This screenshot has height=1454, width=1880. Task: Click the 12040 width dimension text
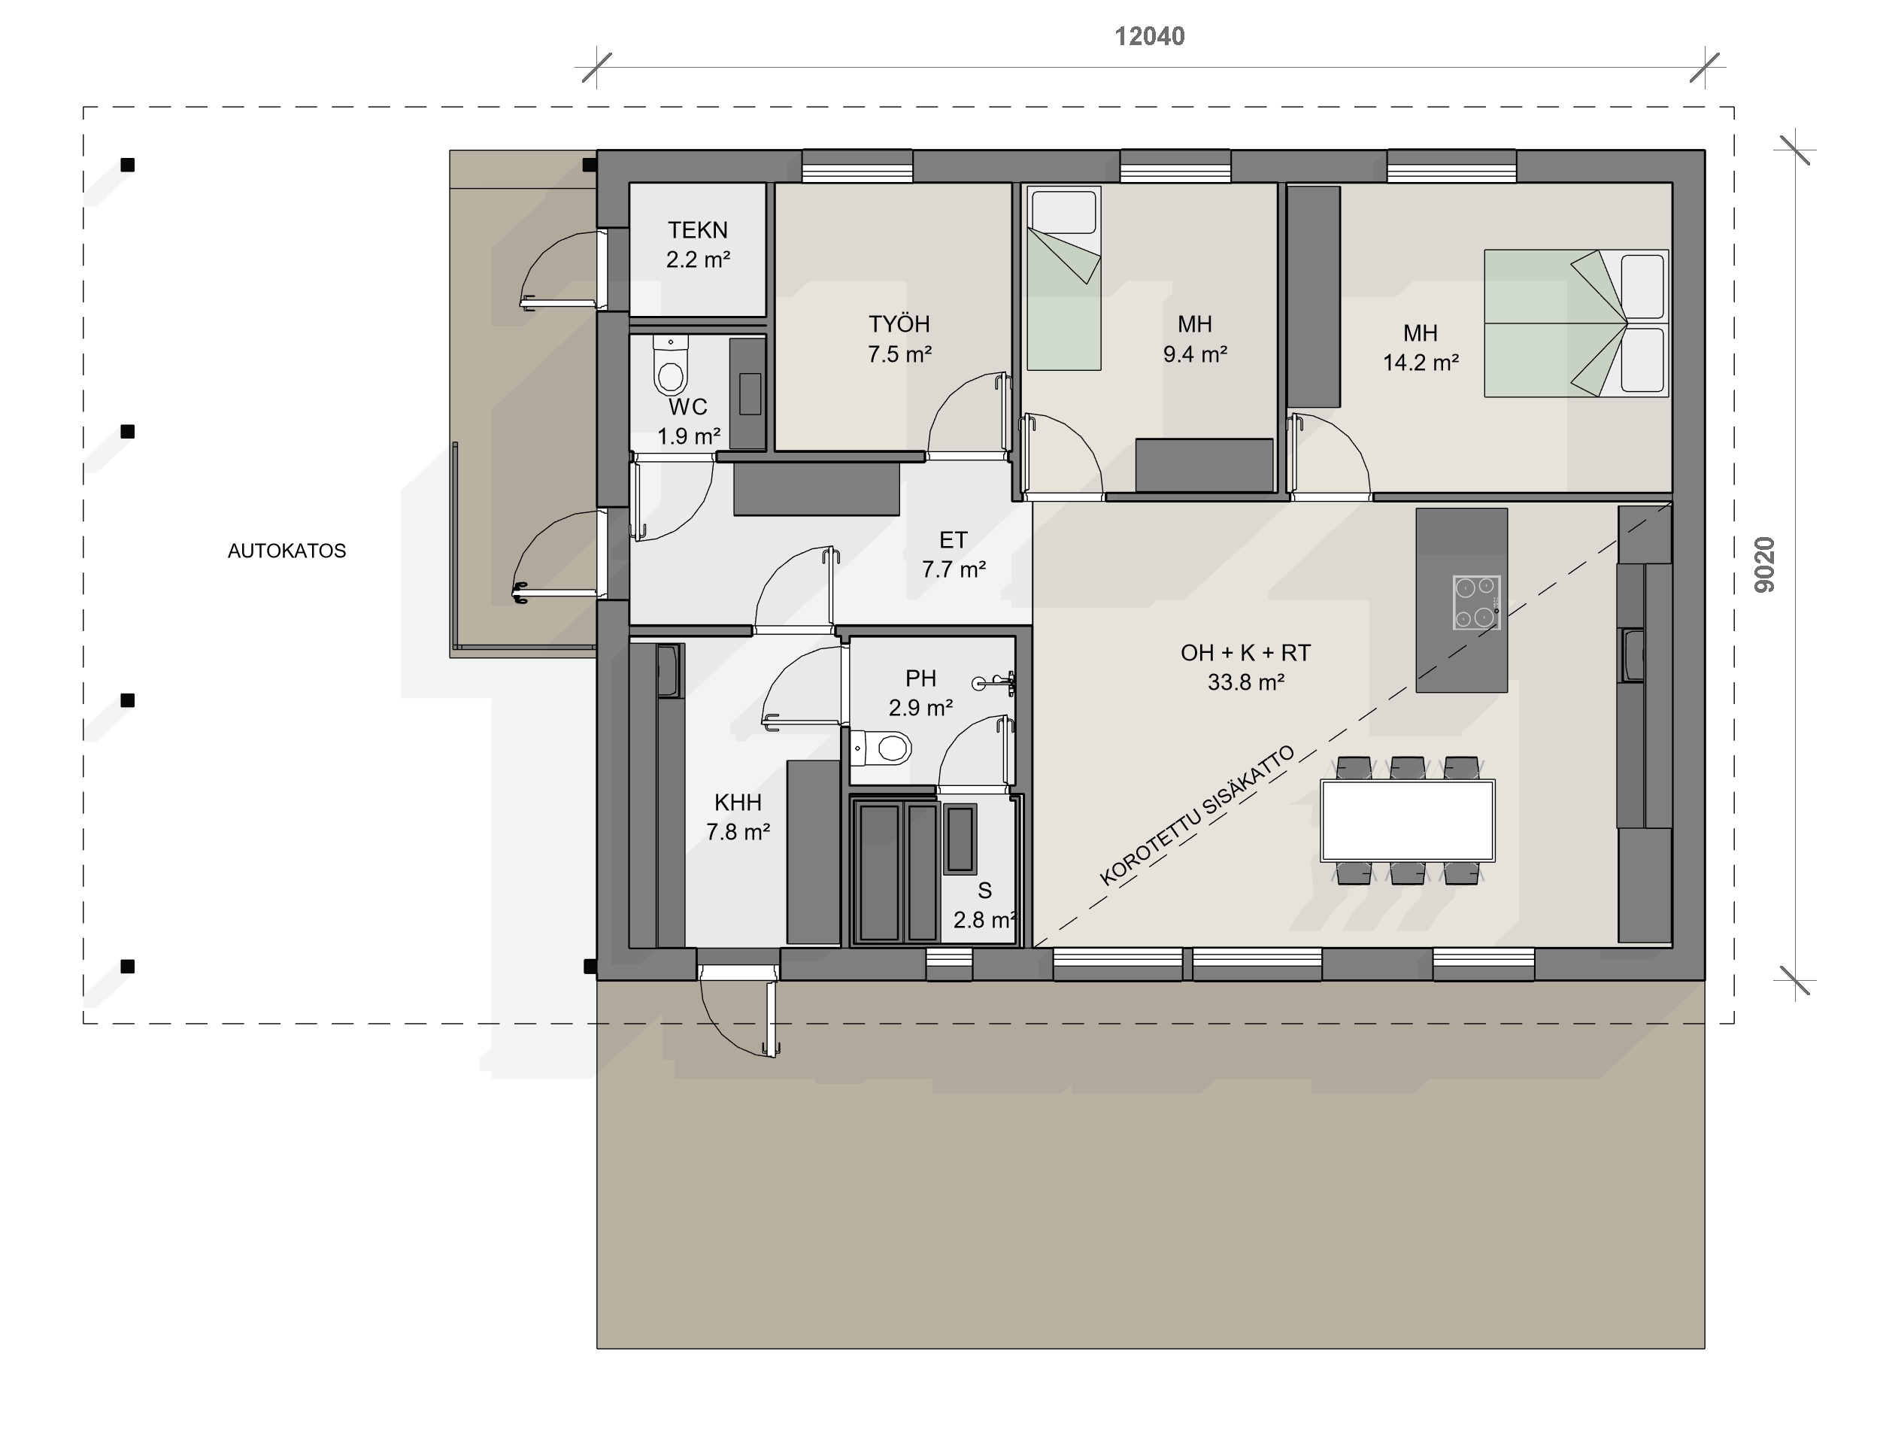point(1149,36)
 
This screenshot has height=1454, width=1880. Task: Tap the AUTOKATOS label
point(287,551)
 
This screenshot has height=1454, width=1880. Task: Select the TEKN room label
point(698,230)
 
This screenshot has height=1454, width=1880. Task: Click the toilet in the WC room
point(671,364)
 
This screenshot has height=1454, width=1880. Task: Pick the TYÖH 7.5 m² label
point(899,338)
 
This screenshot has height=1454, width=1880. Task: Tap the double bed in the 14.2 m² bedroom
point(1576,323)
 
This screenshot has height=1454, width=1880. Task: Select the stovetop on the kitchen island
point(1476,603)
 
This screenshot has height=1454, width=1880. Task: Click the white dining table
point(1408,821)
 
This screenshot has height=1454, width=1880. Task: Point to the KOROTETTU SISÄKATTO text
point(1197,815)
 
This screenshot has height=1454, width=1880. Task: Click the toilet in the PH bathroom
point(881,748)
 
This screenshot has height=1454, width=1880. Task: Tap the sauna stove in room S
point(960,839)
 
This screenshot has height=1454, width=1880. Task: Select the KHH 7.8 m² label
point(738,817)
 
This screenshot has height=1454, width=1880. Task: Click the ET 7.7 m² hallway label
point(954,554)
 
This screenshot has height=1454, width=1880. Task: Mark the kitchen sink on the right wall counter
point(1633,655)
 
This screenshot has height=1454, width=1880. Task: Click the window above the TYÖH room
point(857,166)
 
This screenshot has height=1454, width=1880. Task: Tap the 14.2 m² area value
point(1421,363)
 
